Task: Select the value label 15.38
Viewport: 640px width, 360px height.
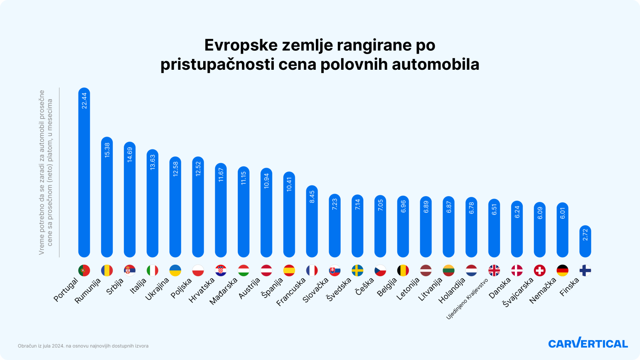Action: pyautogui.click(x=107, y=150)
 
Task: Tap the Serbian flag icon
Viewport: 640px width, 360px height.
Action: pyautogui.click(x=130, y=270)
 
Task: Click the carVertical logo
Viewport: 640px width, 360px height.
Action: pyautogui.click(x=588, y=343)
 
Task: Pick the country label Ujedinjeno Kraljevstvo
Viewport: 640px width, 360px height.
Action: pyautogui.click(x=467, y=298)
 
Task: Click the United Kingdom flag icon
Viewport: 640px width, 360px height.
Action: pyautogui.click(x=494, y=270)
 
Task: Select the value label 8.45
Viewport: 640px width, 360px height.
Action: pyautogui.click(x=312, y=197)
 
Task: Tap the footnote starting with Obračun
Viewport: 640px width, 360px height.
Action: pyautogui.click(x=83, y=346)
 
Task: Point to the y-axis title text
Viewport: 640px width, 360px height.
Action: pyautogui.click(x=46, y=172)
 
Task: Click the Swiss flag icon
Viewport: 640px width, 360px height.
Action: pyautogui.click(x=540, y=270)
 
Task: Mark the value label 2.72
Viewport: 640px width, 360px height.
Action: pyautogui.click(x=585, y=235)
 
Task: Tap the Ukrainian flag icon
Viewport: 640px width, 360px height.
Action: pyautogui.click(x=175, y=270)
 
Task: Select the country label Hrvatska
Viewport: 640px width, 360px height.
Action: pyautogui.click(x=202, y=290)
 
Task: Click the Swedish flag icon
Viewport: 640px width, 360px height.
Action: pyautogui.click(x=358, y=270)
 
